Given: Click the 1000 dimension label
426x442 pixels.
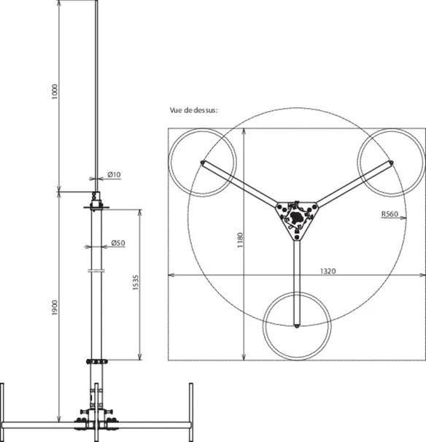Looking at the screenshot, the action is point(55,91).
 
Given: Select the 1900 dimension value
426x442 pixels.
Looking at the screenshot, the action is point(55,308).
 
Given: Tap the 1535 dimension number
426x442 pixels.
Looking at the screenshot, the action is point(136,282).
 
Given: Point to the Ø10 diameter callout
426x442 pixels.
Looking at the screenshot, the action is point(115,175).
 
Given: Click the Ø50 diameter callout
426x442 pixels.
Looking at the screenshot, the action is point(118,243).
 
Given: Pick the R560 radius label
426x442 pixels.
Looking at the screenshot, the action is point(390,214).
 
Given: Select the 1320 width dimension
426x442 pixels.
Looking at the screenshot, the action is point(328,271).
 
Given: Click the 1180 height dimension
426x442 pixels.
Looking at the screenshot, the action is point(240,240).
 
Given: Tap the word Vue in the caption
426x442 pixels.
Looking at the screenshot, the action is point(176,110).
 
